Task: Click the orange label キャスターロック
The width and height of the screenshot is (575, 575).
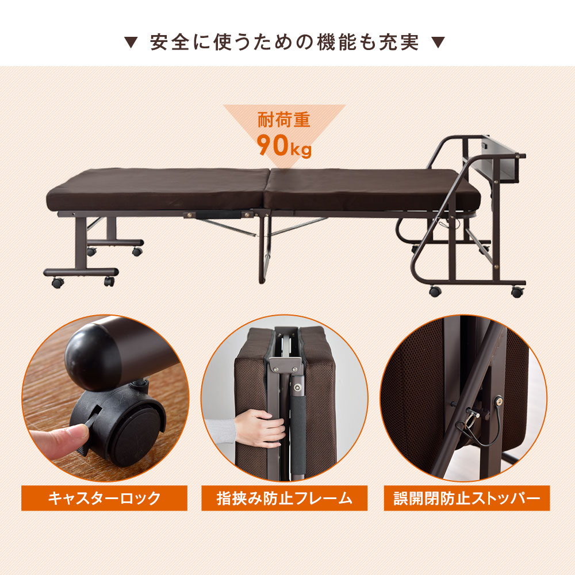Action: coord(104,498)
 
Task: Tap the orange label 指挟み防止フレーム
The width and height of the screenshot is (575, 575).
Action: coord(284,498)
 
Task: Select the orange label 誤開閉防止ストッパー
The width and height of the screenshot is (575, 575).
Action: coord(467,498)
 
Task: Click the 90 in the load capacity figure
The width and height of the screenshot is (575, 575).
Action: coord(273,145)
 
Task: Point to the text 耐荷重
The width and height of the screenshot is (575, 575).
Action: coord(284,120)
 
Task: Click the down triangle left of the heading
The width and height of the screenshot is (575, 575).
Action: coord(131,43)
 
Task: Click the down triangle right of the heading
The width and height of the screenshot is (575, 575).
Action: coord(438,43)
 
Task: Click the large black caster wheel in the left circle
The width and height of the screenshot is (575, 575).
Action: coord(121,429)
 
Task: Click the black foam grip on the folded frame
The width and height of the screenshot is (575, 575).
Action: coord(298,433)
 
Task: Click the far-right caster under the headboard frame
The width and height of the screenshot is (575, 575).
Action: coord(517,292)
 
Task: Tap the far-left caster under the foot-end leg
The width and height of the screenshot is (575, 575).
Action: coord(57,282)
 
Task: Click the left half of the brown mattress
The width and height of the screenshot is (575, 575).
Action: coord(158,190)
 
